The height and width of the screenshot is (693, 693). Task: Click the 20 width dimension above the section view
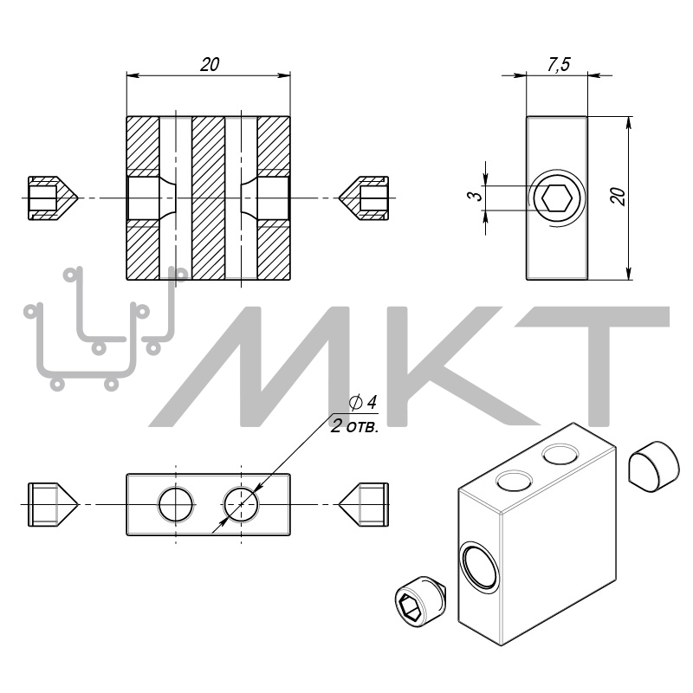[x=209, y=64]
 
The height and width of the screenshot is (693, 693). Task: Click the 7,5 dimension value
[x=558, y=64]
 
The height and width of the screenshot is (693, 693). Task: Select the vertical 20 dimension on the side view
[x=617, y=197]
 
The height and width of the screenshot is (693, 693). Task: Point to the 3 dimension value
[x=474, y=198]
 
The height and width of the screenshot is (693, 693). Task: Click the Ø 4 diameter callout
[x=363, y=402]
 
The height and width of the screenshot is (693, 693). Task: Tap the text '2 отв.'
[x=355, y=427]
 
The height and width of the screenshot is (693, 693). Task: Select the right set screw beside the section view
[x=365, y=198]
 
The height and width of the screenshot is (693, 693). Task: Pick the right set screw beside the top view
[x=365, y=504]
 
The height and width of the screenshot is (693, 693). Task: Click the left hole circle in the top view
[x=176, y=504]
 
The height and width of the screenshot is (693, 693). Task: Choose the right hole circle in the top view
[x=242, y=504]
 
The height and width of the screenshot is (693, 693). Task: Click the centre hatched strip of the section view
[x=208, y=198]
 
